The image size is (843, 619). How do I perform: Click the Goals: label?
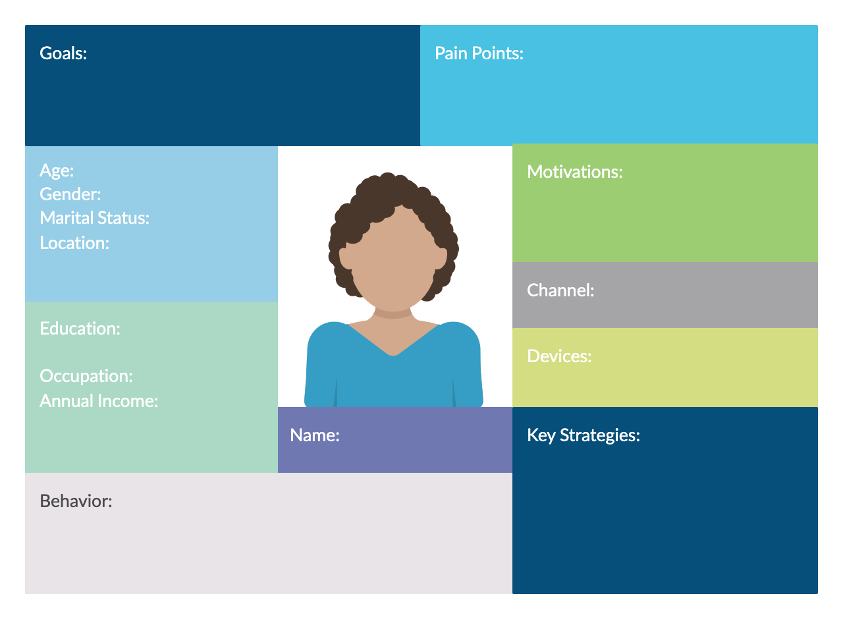63,53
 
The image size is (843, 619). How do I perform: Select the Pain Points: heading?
479,53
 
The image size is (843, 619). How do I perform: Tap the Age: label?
57,171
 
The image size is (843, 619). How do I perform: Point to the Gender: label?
70,194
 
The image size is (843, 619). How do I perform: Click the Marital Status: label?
94,218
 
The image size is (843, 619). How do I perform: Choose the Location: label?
74,243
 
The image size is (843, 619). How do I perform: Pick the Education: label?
80,329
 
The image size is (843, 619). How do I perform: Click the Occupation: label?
86,376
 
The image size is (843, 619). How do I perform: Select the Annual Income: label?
99,400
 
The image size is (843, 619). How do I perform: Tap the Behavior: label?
76,501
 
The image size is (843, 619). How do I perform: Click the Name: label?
315,435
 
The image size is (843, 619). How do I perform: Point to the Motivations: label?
574,172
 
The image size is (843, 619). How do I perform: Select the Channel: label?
560,290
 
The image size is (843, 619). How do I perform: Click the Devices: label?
559,356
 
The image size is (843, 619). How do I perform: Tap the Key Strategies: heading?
583,435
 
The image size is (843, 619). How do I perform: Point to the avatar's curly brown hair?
389,188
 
